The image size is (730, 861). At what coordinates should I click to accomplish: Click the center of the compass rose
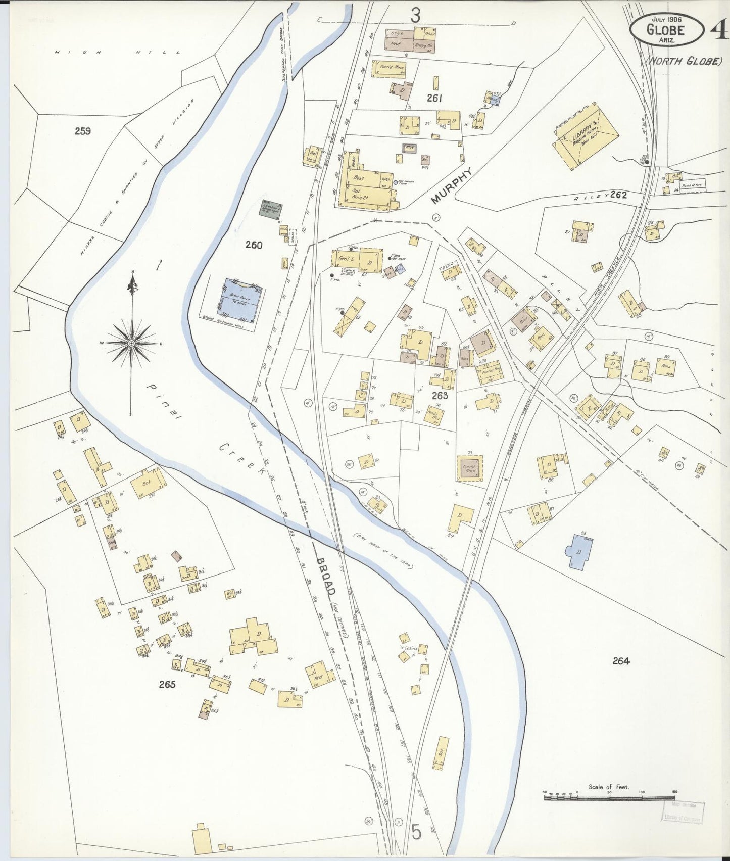coord(131,343)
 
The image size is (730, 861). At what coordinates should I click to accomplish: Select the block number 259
coord(82,131)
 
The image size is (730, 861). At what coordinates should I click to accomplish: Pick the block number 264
coord(621,660)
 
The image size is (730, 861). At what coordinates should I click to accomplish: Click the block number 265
coord(167,684)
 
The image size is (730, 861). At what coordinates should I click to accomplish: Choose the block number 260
coord(254,245)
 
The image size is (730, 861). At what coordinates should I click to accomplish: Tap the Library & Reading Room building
coord(586,137)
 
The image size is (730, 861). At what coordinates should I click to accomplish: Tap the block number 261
coord(434,98)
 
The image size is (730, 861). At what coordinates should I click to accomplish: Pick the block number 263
coord(440,396)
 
